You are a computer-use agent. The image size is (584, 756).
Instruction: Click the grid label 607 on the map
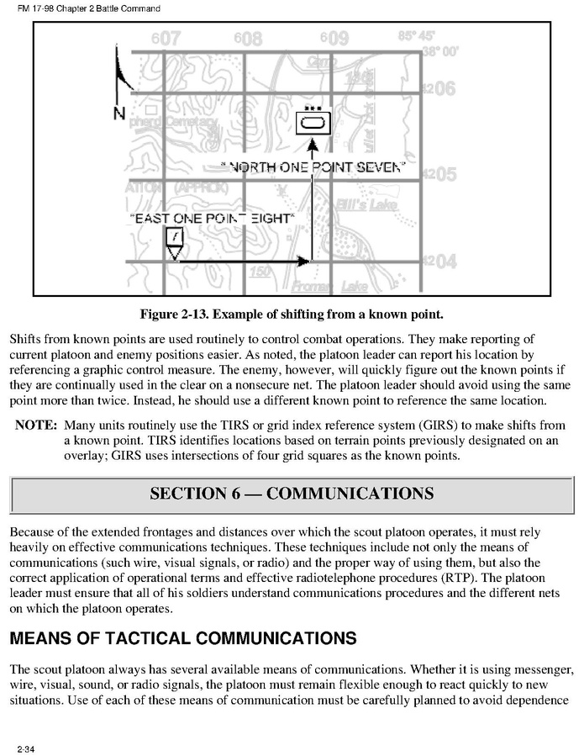click(x=166, y=39)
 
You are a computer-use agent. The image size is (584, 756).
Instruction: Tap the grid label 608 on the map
click(x=249, y=39)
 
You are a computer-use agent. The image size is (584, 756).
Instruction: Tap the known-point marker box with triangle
click(x=173, y=242)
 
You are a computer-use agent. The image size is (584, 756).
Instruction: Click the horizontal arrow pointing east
click(x=244, y=263)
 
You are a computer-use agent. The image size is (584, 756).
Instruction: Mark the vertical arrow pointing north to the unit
click(x=312, y=202)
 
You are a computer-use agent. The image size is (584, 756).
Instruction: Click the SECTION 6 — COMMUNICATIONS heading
click(x=292, y=493)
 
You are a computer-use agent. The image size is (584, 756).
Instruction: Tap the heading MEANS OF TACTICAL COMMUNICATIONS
click(x=183, y=638)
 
